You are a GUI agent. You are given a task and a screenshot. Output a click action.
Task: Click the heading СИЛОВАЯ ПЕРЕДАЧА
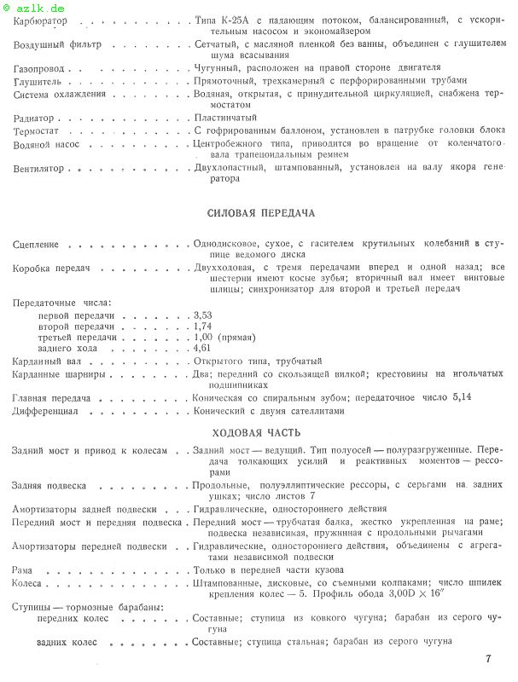261,211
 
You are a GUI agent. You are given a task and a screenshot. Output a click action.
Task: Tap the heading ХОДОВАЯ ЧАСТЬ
261,432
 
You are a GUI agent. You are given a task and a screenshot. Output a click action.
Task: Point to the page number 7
487,659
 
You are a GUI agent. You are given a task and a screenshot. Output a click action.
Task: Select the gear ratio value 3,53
203,315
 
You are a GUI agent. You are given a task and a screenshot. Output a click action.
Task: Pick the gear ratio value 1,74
203,326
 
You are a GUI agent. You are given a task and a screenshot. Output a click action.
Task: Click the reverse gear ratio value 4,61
203,348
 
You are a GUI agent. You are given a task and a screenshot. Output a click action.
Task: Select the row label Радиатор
35,118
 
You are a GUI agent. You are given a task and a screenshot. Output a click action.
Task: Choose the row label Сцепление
36,246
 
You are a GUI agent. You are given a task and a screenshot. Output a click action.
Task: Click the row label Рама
24,569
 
